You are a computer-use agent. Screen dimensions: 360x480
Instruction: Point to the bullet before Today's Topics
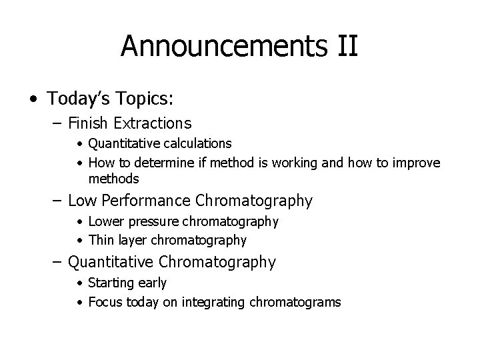pyautogui.click(x=33, y=99)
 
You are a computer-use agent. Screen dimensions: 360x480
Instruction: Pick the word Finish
pyautogui.click(x=91, y=123)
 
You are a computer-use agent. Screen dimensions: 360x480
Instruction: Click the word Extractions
pyautogui.click(x=153, y=123)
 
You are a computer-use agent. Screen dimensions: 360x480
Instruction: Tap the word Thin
pyautogui.click(x=101, y=239)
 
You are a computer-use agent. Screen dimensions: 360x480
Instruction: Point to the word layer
pyautogui.click(x=132, y=239)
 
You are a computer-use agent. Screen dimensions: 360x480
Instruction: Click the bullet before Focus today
pyautogui.click(x=80, y=303)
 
